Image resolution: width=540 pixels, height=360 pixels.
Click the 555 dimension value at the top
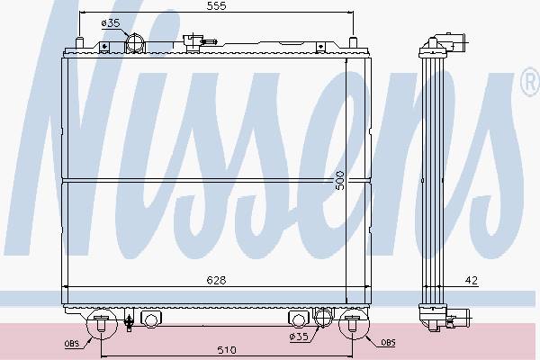coord(216,6)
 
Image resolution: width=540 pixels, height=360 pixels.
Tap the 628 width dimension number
coord(216,281)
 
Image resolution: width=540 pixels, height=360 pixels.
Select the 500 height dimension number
coord(339,180)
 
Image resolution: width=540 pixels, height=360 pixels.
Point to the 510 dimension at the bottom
coord(227,350)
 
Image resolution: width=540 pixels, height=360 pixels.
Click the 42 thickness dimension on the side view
coord(472,281)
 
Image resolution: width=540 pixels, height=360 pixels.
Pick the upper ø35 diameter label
coord(111,23)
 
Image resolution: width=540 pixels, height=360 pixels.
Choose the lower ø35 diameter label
coord(299,337)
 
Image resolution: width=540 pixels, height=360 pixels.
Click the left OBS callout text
coord(72,344)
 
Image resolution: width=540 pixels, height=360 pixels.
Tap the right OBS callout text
coord(388,342)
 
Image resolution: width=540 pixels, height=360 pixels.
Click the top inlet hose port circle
coord(135,43)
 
